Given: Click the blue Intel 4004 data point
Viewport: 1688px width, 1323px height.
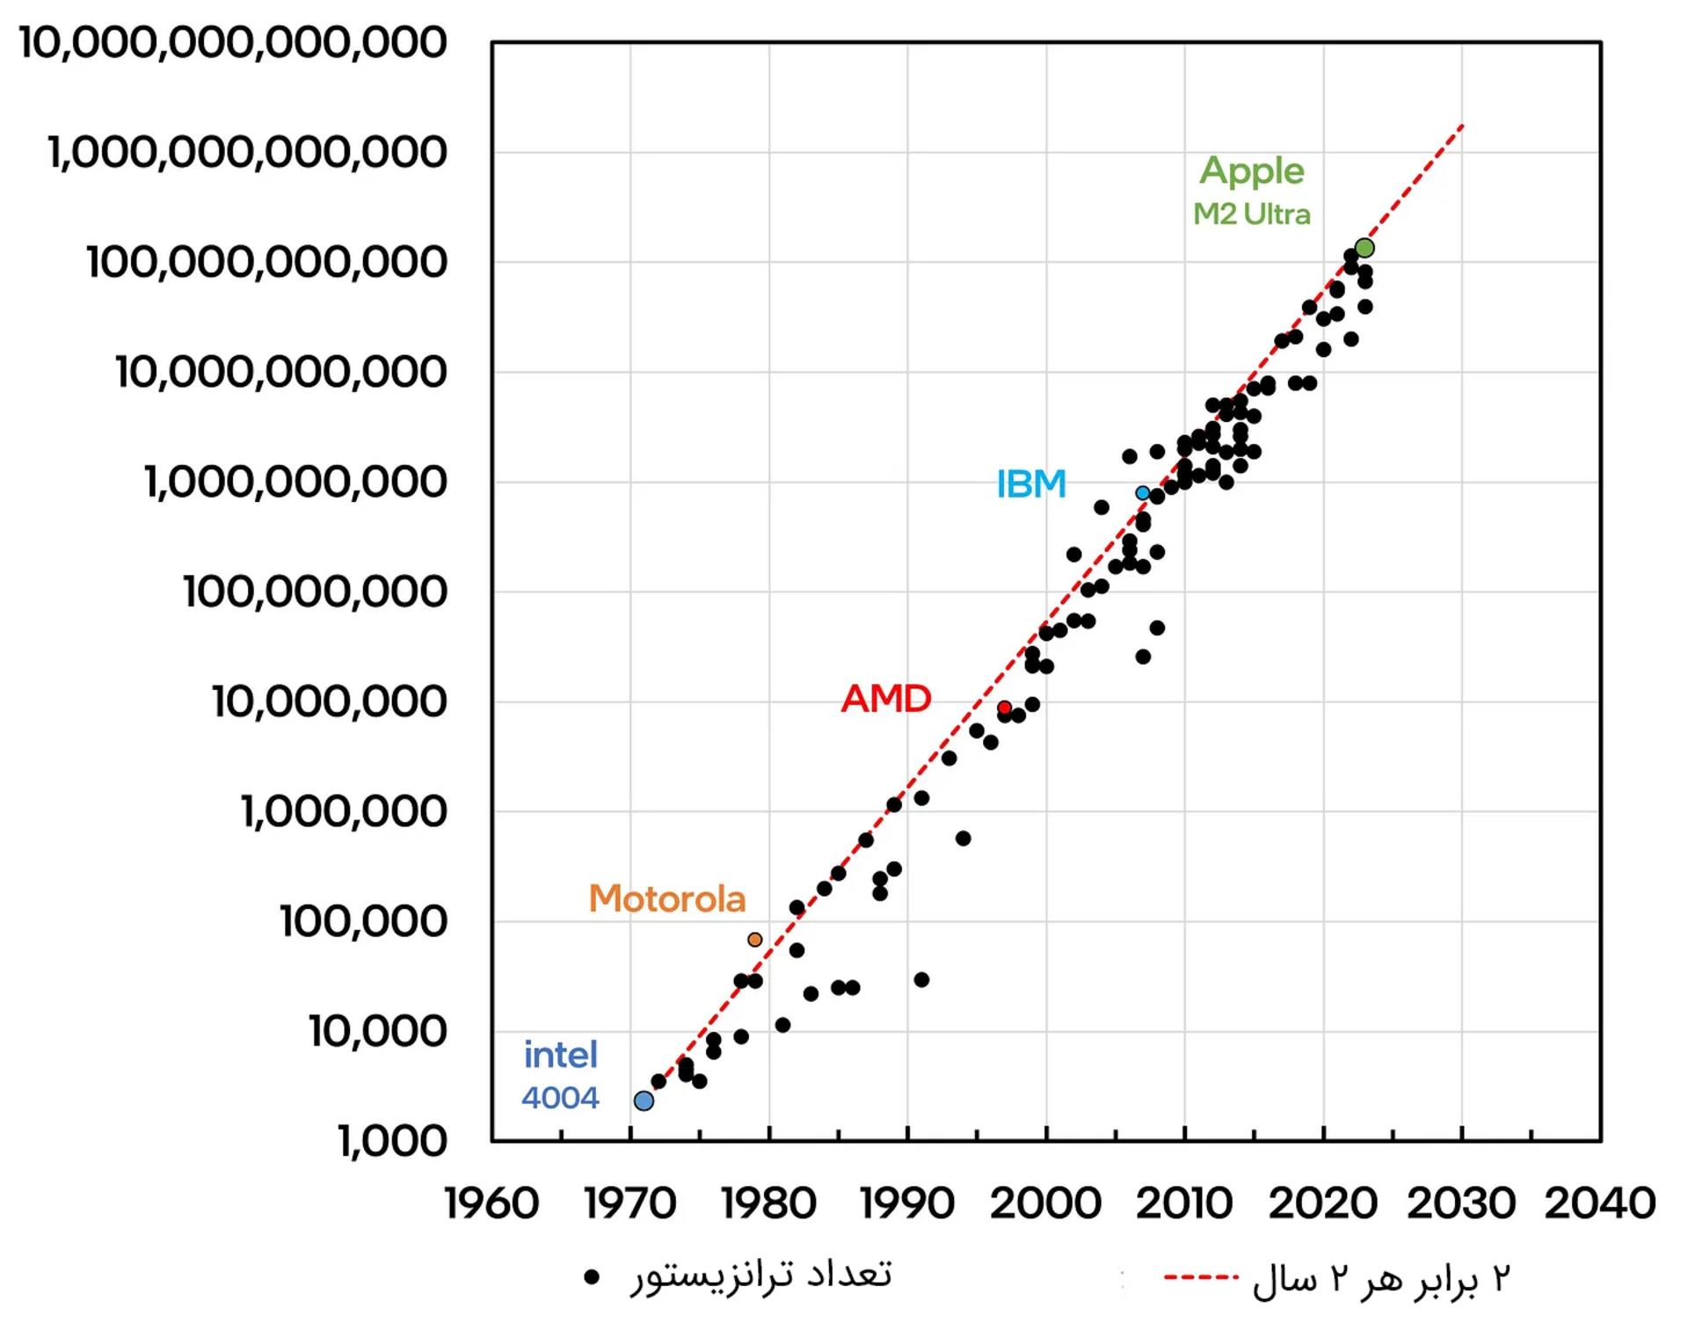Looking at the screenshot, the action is (644, 1101).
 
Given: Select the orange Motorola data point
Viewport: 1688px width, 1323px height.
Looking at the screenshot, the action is (754, 940).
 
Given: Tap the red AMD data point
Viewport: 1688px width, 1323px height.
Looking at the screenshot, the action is (1004, 708).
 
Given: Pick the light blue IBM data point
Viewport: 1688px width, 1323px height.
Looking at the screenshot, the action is (1143, 493).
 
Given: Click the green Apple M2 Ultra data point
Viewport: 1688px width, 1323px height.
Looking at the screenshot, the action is (1364, 248).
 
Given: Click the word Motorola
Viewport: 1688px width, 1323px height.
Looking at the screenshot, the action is (667, 898).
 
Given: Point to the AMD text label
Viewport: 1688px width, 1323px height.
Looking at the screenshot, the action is (886, 699).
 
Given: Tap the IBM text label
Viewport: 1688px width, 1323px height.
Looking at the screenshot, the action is (1031, 483).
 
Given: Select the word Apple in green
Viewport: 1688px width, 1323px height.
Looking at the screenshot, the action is (1252, 171).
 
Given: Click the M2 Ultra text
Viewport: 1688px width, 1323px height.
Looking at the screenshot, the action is (1252, 214).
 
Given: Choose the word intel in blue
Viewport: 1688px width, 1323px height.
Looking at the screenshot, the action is (561, 1055).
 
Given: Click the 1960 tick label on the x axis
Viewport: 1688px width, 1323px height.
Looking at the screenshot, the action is (491, 1203).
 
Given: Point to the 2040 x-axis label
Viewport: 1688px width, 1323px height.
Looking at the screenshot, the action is (1600, 1203).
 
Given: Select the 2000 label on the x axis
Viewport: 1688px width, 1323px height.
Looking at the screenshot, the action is (1046, 1203).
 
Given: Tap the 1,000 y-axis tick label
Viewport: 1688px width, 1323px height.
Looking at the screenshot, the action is (392, 1141).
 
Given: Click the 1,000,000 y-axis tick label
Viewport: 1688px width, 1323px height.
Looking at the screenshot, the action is (344, 811).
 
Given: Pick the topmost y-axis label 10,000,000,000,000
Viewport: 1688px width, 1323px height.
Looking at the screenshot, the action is (233, 42).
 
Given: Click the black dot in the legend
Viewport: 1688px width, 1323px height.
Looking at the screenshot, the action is (592, 1276).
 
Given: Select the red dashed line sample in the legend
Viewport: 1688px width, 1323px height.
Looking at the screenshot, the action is (1202, 1276).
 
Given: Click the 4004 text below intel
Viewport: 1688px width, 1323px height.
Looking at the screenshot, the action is (560, 1097).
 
